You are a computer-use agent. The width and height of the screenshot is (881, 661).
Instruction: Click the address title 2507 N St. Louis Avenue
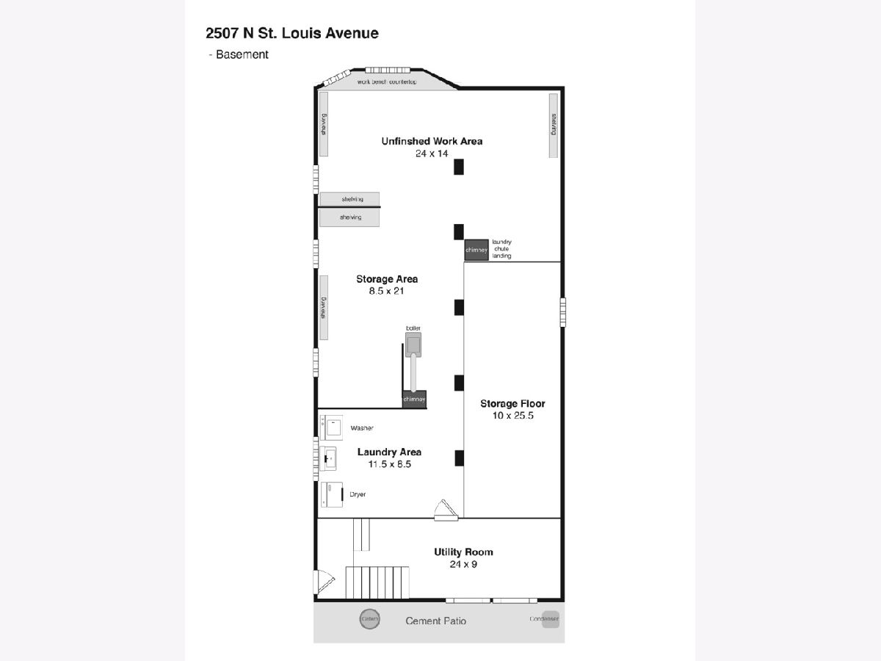coord(292,33)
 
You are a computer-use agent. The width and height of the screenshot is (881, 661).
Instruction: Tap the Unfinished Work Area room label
coord(432,141)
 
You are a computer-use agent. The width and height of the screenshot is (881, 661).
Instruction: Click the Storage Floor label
coord(512,403)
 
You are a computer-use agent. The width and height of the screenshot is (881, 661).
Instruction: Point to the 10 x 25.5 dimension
coord(512,416)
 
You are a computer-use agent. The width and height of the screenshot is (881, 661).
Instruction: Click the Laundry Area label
coord(389,452)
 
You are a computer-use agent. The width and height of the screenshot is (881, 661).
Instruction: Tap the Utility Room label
coord(463,552)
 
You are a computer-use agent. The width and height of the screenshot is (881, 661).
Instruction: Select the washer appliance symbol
coord(333,427)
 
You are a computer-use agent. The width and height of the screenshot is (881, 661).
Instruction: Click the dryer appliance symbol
coord(332,494)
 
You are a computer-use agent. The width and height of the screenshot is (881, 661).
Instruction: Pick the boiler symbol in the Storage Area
coord(415,344)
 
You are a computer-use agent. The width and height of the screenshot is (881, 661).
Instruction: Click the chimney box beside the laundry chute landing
coord(476,250)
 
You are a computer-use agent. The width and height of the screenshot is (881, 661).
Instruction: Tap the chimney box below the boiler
coord(414,399)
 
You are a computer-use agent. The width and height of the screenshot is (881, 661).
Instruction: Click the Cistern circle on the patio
coord(370,619)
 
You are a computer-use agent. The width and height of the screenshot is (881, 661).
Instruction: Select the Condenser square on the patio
coord(550,619)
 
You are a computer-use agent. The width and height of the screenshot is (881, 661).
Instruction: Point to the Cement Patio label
coord(436,621)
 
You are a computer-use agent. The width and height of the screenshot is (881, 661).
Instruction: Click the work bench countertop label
coord(387,82)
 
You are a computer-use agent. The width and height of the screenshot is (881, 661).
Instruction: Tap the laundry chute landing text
coord(501,248)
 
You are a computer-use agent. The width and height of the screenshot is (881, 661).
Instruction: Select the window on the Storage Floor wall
coord(564,311)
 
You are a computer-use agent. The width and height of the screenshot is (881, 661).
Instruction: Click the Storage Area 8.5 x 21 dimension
coord(387,291)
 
